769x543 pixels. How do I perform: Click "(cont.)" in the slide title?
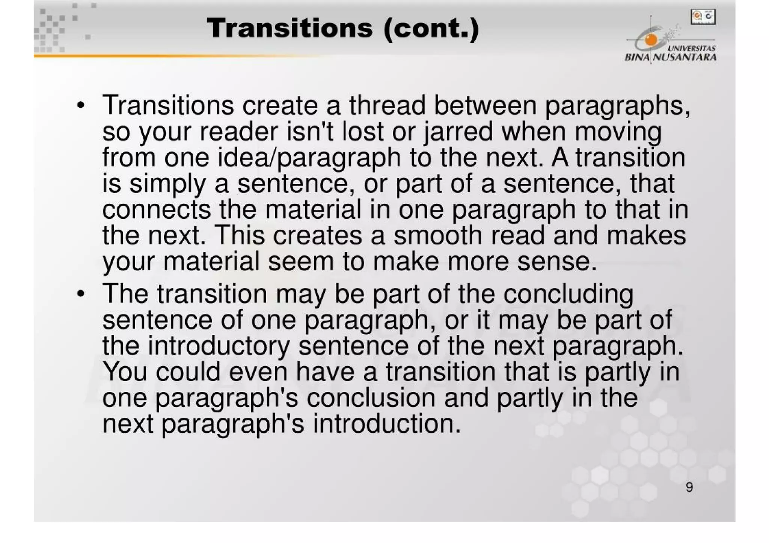(x=431, y=29)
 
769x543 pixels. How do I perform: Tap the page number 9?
(x=689, y=487)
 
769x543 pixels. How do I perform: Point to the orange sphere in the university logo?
(x=651, y=39)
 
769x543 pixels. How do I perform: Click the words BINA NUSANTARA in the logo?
(x=671, y=57)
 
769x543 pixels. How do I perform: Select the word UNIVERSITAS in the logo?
(x=692, y=48)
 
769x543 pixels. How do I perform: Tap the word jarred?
(x=458, y=132)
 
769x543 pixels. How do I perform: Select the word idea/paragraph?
(x=309, y=158)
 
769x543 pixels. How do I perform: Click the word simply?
(x=167, y=184)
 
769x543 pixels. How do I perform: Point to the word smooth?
(x=438, y=236)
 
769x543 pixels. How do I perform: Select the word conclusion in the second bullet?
(x=371, y=398)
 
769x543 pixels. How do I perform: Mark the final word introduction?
(x=386, y=424)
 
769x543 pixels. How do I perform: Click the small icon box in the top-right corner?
(x=703, y=17)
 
